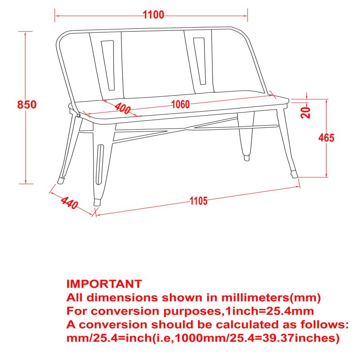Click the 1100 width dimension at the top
(154, 15)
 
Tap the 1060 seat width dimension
(180, 105)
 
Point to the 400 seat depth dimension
(122, 108)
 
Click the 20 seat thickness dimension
(306, 112)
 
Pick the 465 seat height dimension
(326, 138)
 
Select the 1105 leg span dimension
(199, 201)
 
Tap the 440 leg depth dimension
(69, 203)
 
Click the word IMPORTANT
(104, 284)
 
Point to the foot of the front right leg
(294, 174)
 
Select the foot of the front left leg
(97, 202)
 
